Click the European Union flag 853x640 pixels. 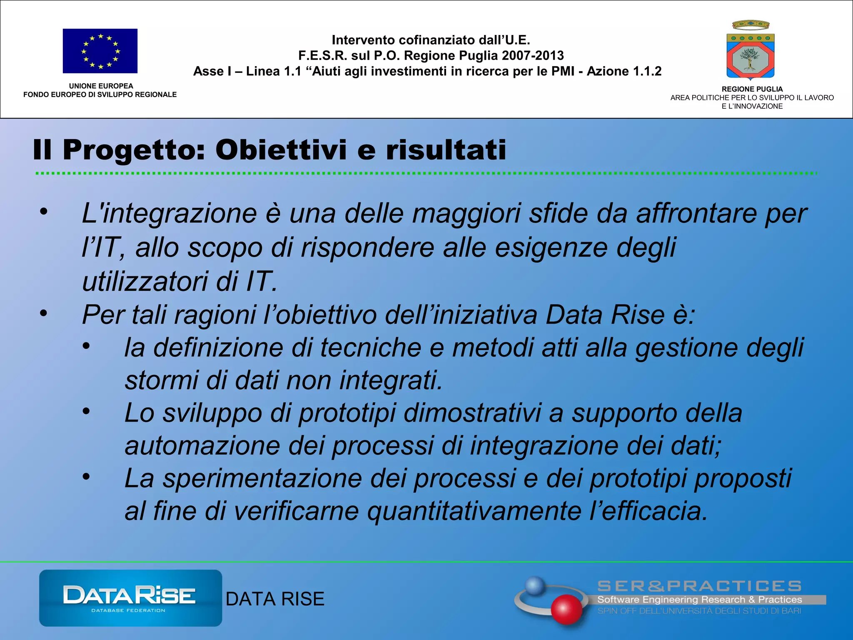(100, 51)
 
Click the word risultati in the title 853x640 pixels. (446, 150)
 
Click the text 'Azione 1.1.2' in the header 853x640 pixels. (624, 71)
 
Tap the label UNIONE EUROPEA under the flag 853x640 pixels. (101, 86)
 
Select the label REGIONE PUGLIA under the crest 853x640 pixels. (752, 89)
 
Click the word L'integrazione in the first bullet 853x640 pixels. (169, 214)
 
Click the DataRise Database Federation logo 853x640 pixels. (130, 598)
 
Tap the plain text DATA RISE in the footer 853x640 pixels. (275, 599)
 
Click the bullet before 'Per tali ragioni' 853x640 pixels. (44, 313)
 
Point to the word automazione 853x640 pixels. (202, 446)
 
